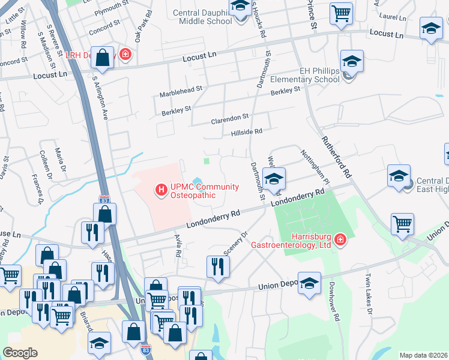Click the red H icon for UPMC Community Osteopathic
(160, 190)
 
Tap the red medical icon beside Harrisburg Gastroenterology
(340, 240)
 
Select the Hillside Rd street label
(247, 132)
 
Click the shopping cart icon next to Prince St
(341, 13)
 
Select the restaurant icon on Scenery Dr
(217, 266)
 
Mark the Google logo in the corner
(20, 353)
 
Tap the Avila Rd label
(178, 245)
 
